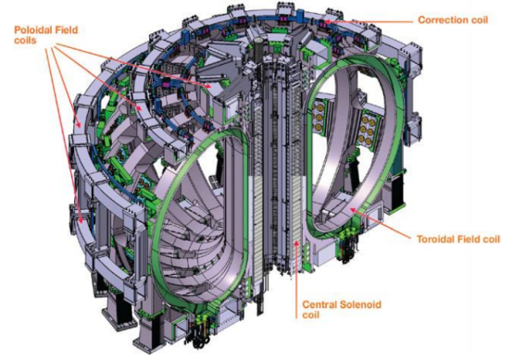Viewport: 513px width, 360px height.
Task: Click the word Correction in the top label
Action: coord(440,20)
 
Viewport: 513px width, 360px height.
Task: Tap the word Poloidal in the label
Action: coord(33,31)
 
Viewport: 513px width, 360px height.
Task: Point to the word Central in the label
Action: coord(319,304)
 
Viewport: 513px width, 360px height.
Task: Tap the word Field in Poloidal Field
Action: coord(67,31)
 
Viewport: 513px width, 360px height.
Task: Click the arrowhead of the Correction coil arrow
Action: coord(326,22)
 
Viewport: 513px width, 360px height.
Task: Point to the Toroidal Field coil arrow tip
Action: coord(351,208)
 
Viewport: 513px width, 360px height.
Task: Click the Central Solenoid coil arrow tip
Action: coord(296,241)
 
